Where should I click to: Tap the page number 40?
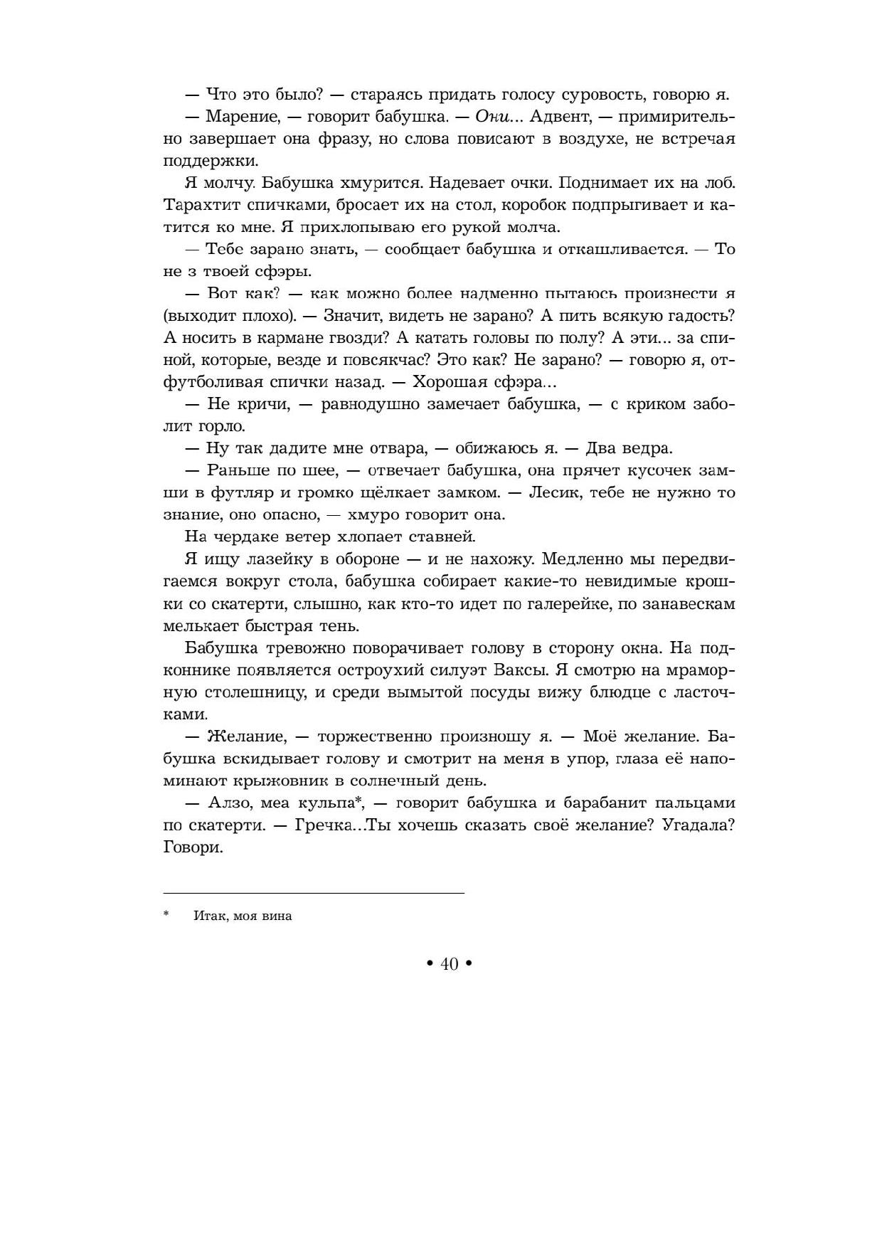coord(450,964)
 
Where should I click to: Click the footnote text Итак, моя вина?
coord(243,916)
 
